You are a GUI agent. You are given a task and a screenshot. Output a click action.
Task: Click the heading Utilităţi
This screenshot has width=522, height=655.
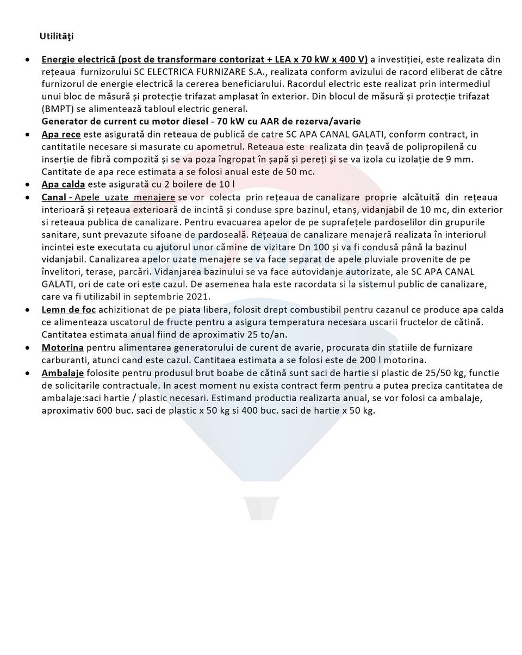tap(56, 36)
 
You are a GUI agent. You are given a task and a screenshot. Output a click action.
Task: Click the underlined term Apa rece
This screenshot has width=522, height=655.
tap(61, 134)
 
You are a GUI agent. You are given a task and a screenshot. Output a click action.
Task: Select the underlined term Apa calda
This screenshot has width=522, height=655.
tap(63, 184)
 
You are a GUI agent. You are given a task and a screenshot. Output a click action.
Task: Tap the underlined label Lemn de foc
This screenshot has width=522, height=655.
tap(69, 310)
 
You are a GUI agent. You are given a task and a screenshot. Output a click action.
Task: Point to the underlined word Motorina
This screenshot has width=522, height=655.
tap(63, 347)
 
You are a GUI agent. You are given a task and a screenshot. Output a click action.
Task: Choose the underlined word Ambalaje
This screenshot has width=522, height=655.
tap(63, 373)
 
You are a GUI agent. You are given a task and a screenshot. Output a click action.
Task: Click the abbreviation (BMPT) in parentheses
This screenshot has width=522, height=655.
tap(58, 109)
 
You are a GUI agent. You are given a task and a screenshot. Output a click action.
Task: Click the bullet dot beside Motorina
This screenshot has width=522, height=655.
tap(28, 348)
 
